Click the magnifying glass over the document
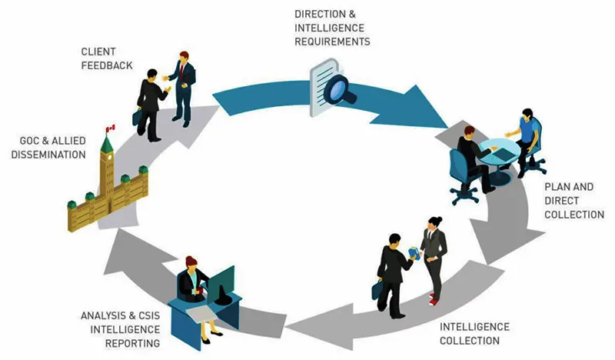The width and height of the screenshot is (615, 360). click(341, 90)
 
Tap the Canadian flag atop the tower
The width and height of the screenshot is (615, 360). click(111, 128)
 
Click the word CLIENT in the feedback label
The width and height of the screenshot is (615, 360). click(98, 52)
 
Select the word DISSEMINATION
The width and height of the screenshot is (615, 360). click(48, 155)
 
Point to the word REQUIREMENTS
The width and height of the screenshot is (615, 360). click(332, 42)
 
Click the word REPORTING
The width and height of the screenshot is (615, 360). click(132, 344)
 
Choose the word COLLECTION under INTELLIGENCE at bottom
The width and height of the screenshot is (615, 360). click(470, 341)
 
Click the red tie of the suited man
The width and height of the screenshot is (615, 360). click(181, 71)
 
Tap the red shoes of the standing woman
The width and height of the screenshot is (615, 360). click(433, 298)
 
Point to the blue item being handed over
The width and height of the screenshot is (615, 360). click(414, 253)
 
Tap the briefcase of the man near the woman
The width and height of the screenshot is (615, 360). click(377, 289)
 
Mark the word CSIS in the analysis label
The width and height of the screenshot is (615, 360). click(149, 315)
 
